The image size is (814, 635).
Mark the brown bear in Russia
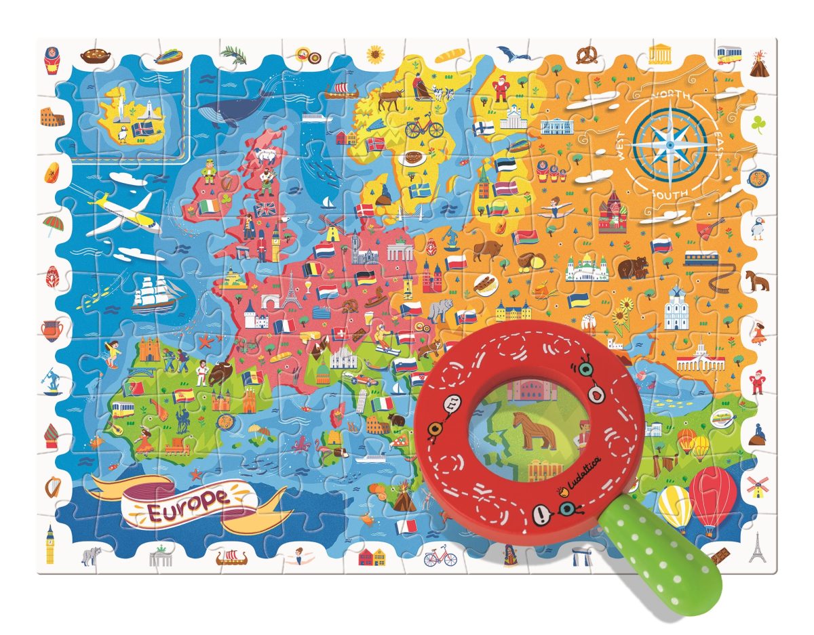coord(633,267)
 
